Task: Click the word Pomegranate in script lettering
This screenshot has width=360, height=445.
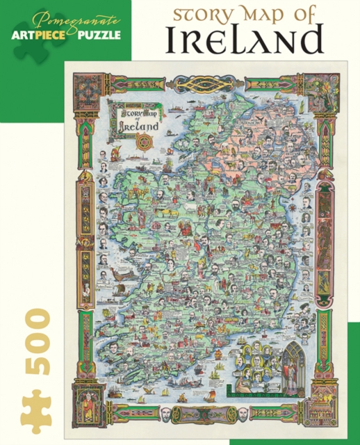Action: tap(65, 18)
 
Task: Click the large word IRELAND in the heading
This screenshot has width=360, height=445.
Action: tap(245, 40)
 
